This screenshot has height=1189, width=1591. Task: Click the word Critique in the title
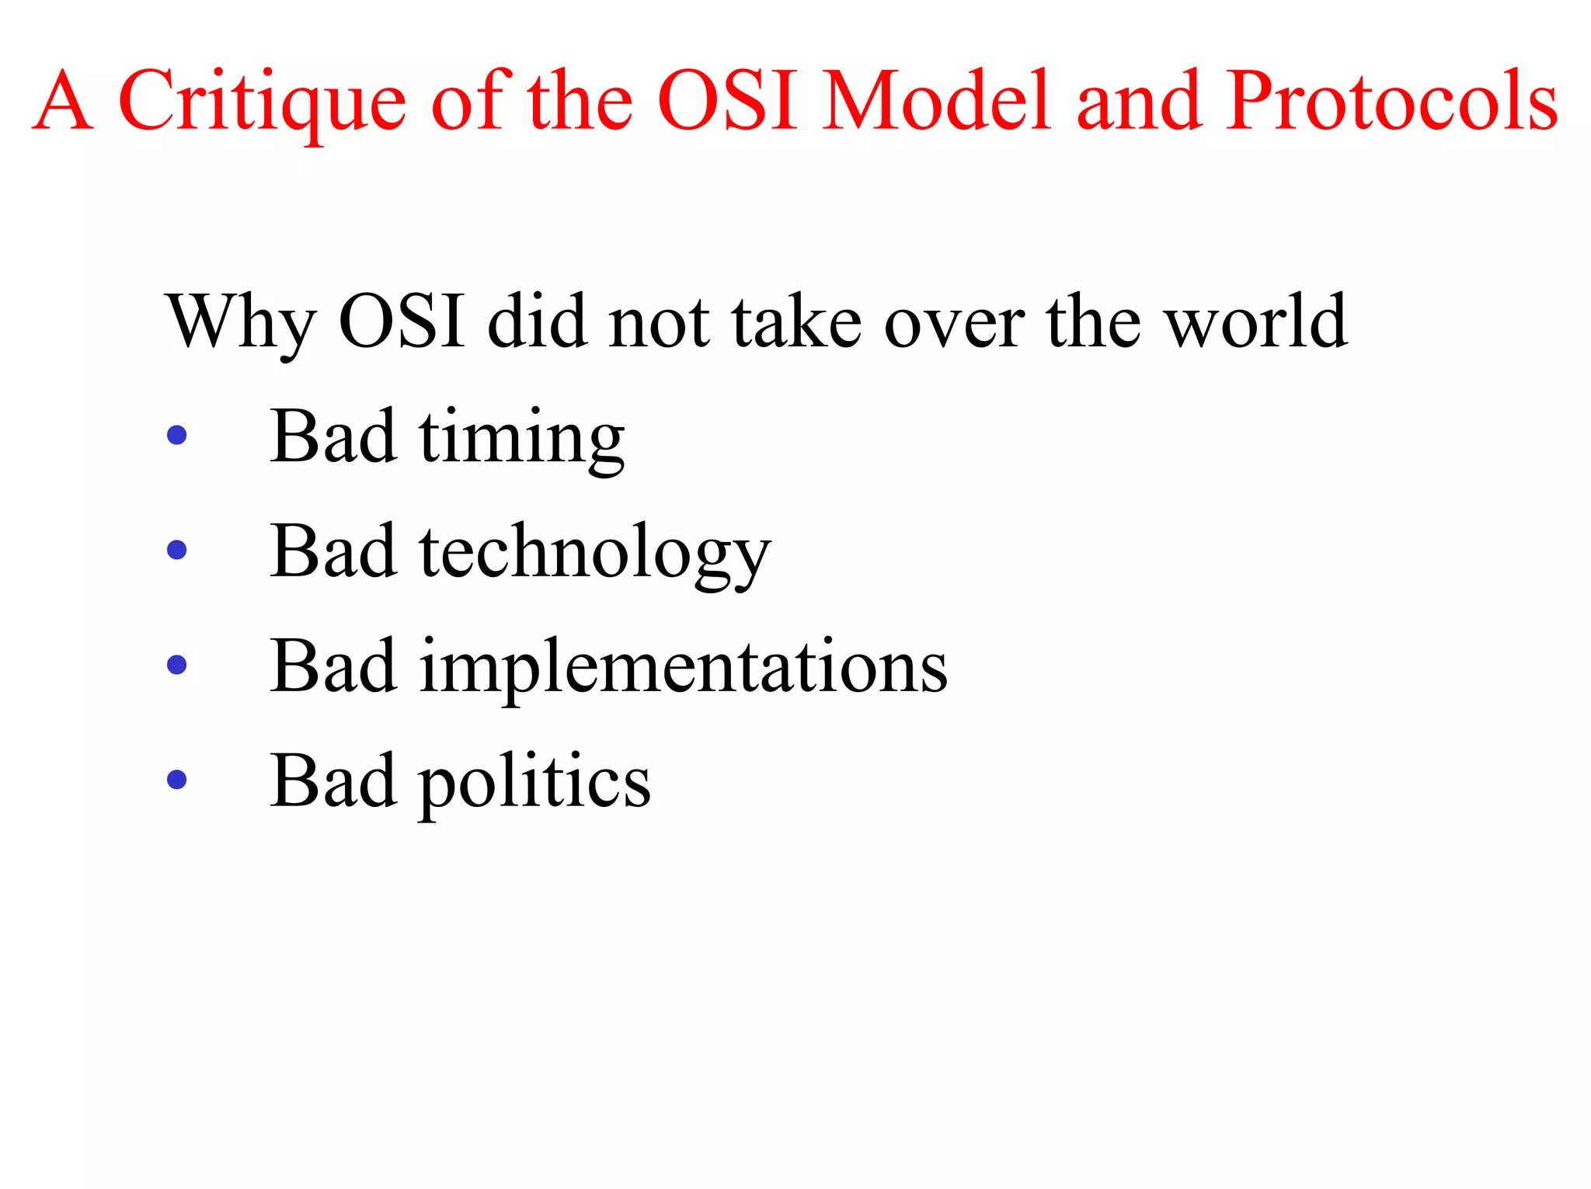click(262, 101)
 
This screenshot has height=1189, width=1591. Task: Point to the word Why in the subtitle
click(241, 322)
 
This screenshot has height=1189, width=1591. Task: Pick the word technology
click(595, 553)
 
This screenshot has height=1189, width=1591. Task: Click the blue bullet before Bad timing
click(177, 435)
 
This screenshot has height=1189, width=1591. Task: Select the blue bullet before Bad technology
click(177, 550)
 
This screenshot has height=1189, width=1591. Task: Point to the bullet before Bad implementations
click(177, 665)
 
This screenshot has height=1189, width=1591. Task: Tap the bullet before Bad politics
click(177, 780)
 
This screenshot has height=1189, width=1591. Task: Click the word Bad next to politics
click(334, 780)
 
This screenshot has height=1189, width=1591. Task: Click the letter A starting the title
click(64, 101)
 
